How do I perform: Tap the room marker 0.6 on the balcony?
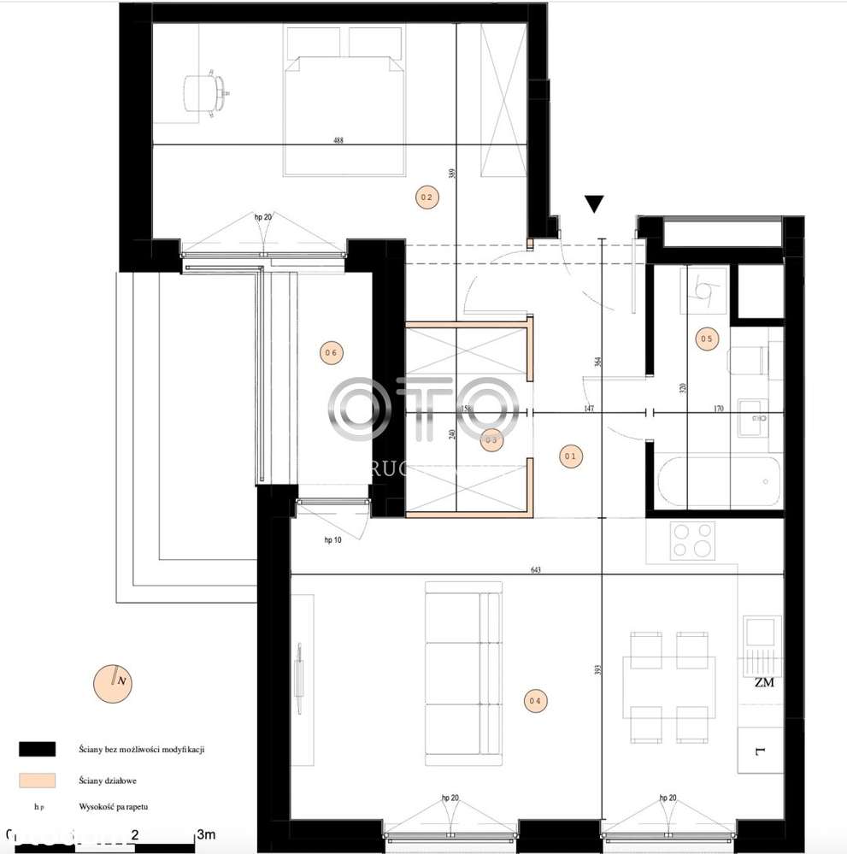pos(331,351)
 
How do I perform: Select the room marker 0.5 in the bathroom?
pos(706,339)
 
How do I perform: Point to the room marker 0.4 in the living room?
pos(534,701)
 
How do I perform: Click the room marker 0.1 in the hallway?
pos(571,456)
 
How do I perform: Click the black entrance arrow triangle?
pos(595,203)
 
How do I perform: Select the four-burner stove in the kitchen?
pos(692,539)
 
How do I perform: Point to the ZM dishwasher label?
pos(764,682)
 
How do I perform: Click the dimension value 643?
pos(536,569)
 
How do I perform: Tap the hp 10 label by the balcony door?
pos(333,539)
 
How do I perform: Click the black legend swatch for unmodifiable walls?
pos(37,749)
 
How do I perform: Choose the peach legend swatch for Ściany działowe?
pos(37,780)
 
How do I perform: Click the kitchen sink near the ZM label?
pos(759,632)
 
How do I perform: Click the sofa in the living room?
pos(462,669)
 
